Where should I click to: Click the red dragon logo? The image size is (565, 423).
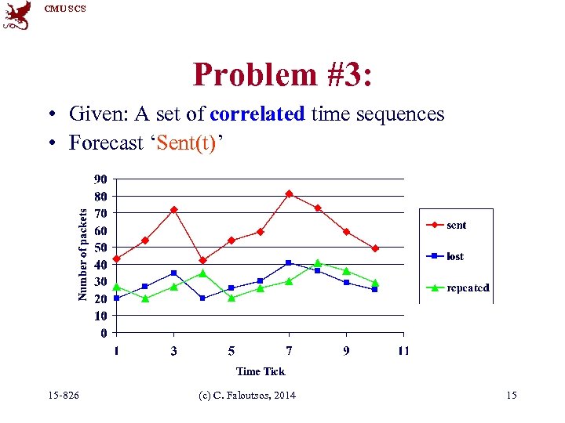(x=16, y=15)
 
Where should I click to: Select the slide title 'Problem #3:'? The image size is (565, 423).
(x=282, y=75)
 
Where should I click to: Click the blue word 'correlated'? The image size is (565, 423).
(x=257, y=114)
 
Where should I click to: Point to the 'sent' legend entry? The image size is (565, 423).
(x=456, y=226)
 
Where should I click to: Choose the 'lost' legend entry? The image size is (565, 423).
(x=455, y=256)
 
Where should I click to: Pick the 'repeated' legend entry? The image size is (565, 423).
(x=468, y=287)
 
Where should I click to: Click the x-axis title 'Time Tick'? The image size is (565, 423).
(x=261, y=371)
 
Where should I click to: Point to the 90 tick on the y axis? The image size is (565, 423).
(x=101, y=179)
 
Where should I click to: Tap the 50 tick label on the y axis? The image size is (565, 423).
(x=101, y=248)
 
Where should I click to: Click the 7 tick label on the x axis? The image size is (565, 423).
(x=289, y=351)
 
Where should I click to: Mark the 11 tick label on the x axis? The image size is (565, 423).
(x=403, y=351)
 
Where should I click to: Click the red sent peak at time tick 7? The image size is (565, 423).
(x=289, y=193)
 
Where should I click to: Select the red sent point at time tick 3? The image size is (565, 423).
(x=173, y=210)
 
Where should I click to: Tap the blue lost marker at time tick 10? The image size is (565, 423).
(x=375, y=289)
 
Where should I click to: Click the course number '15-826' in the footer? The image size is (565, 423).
(x=63, y=396)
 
